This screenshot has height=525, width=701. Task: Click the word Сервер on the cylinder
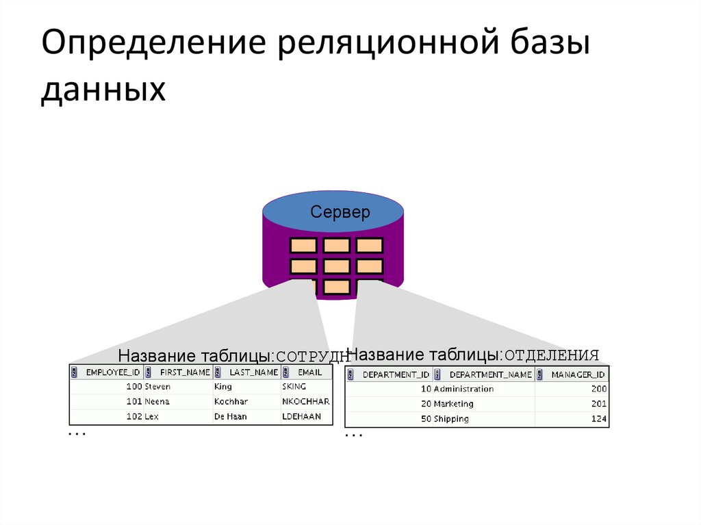click(x=340, y=212)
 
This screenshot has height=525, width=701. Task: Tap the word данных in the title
click(x=103, y=90)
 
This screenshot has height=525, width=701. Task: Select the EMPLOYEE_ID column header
click(x=112, y=372)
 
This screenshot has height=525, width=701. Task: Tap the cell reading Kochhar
click(x=231, y=402)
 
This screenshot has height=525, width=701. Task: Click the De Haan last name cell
click(x=231, y=417)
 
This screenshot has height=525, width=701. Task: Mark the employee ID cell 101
click(x=134, y=402)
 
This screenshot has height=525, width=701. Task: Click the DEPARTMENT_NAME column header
click(x=490, y=374)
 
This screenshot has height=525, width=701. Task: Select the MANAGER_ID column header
click(x=578, y=374)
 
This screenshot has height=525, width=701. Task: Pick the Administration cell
click(x=463, y=389)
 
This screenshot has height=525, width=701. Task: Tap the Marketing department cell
click(x=453, y=404)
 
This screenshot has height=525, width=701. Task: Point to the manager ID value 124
click(x=599, y=419)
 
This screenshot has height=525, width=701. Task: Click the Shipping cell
click(x=451, y=419)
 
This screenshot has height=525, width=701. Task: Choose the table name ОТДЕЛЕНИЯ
click(x=552, y=355)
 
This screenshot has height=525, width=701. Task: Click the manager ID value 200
click(x=599, y=389)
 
